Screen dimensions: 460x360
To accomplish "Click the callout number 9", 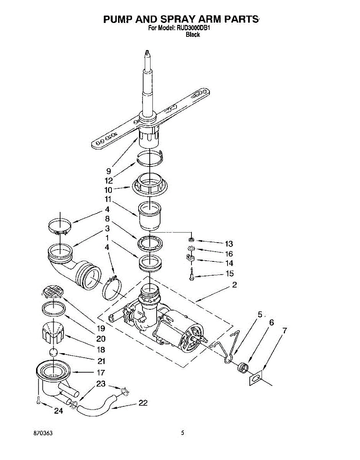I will tap(109, 171).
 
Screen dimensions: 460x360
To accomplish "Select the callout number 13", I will tap(229, 244).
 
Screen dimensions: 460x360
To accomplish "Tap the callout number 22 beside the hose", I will tap(142, 403).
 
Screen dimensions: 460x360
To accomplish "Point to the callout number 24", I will tap(58, 411).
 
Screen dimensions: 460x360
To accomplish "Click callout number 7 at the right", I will tap(285, 330).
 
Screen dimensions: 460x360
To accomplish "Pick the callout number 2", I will tap(234, 285).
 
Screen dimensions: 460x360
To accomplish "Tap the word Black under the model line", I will tap(193, 34).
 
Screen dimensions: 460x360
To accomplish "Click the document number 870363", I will tap(43, 433).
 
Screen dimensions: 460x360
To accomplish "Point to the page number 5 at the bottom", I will tap(183, 433).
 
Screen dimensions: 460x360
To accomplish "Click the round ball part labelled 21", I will tap(54, 353).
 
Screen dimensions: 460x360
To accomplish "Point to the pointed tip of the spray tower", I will tap(147, 52).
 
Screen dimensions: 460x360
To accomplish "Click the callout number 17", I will tap(101, 372).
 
